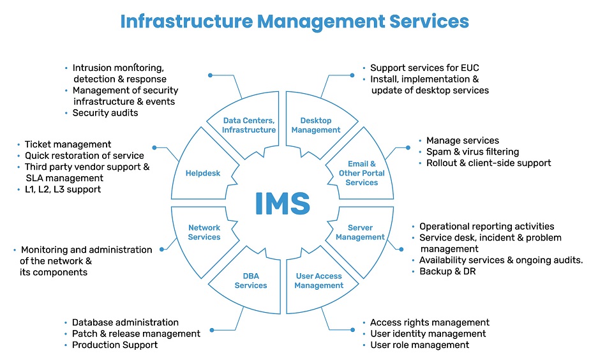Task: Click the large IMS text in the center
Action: (282, 203)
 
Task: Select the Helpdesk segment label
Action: (202, 173)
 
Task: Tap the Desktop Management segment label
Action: (316, 125)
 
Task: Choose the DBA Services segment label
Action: (251, 281)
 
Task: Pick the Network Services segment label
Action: (204, 232)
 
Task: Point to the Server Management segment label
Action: (360, 232)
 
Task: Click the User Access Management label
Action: (318, 281)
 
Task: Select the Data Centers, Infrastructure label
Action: (249, 125)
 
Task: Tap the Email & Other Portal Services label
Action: (362, 173)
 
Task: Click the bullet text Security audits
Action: (105, 113)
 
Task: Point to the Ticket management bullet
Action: (68, 145)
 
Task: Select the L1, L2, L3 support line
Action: (63, 190)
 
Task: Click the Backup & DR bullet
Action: (447, 271)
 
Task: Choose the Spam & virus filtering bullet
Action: (472, 152)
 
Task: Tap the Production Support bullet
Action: (115, 345)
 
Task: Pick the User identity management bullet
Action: (428, 334)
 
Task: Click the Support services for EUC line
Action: (424, 68)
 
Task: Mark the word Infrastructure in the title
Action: (186, 21)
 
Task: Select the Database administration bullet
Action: (125, 323)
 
